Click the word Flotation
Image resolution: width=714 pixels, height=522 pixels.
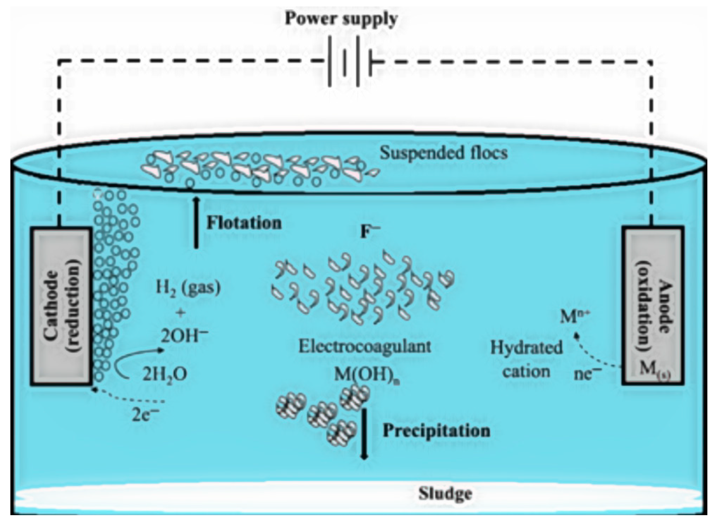(244, 223)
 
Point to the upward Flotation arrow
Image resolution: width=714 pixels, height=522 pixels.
(197, 223)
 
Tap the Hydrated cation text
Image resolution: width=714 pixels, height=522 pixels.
(526, 360)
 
